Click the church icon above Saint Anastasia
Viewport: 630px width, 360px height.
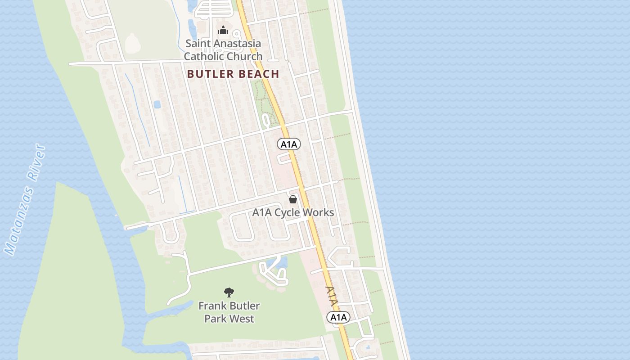[223, 31]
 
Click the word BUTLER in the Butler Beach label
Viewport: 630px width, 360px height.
[208, 74]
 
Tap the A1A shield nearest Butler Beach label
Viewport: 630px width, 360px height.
[289, 144]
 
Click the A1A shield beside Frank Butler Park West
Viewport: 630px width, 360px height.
[338, 317]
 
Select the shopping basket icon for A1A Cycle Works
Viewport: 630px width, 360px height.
[293, 199]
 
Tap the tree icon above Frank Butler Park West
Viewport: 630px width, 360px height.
[229, 292]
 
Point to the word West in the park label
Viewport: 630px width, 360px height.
[242, 319]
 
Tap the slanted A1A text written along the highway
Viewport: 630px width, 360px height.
[331, 297]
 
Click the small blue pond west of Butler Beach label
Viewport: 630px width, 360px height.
[157, 104]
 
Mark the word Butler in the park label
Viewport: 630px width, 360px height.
[245, 306]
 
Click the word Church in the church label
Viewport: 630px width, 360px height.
[244, 56]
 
